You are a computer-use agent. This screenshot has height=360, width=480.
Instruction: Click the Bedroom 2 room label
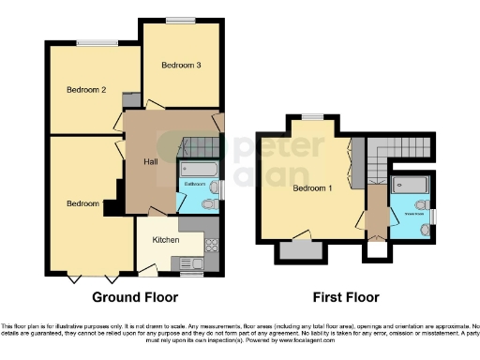84,90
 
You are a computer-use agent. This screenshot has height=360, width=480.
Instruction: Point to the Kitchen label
166,240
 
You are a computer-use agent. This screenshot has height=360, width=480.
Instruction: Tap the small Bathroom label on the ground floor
195,184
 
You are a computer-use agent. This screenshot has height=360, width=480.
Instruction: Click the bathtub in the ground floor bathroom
198,170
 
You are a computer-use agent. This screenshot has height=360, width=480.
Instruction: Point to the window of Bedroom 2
91,42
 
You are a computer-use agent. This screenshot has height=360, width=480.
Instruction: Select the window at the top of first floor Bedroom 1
312,116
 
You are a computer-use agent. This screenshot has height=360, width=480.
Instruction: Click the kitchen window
191,276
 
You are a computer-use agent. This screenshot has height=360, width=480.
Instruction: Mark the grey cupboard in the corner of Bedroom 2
131,100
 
